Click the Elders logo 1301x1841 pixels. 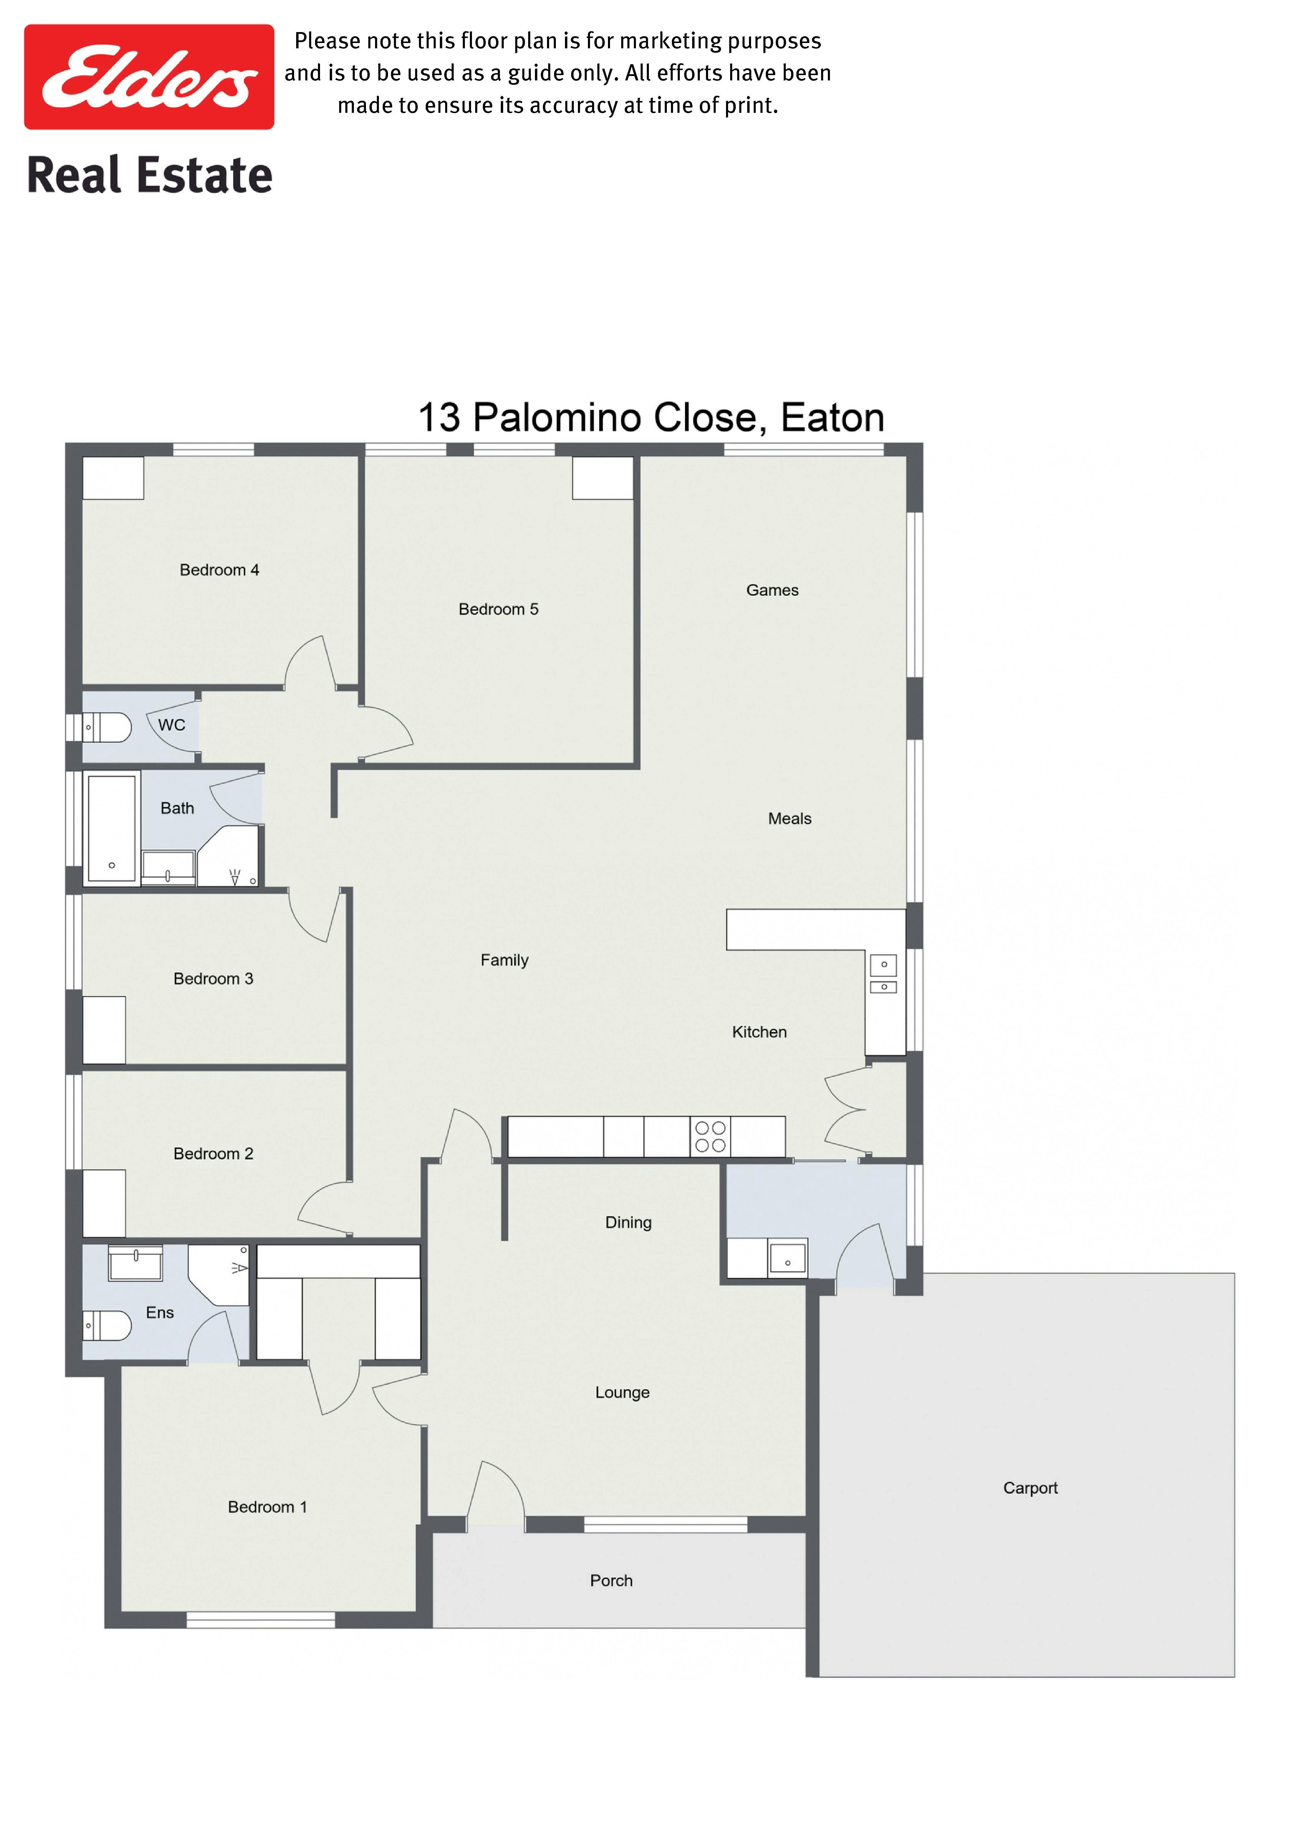coord(149,77)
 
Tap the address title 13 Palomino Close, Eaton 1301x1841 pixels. coord(651,418)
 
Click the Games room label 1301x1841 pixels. coord(772,590)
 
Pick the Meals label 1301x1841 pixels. coord(790,819)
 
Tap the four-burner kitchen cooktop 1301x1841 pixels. coord(710,1137)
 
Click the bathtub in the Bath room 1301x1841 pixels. coord(111,828)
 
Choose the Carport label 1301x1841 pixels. coord(1030,1488)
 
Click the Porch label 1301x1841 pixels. coord(611,1580)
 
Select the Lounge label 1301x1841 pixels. coord(622,1393)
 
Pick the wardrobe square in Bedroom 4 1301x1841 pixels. coord(113,478)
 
